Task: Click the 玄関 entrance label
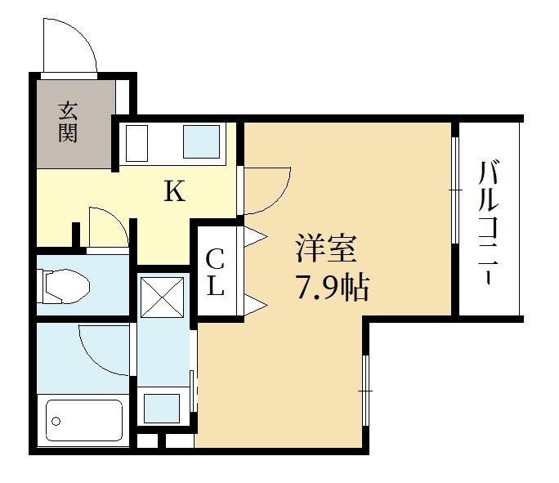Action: coord(68,121)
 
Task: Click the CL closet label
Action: coord(215,275)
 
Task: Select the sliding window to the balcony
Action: coord(454,190)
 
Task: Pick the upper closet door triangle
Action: coord(256,238)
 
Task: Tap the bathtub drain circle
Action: coord(57,422)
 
